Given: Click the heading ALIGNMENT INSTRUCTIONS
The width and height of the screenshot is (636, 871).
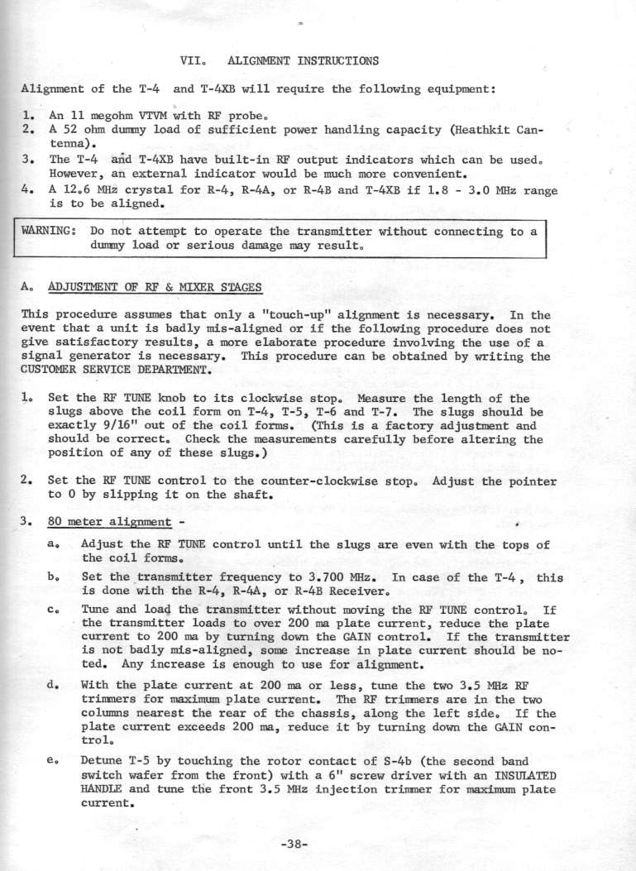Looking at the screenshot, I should point(303,60).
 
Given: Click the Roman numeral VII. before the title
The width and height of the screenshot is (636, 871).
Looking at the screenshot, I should point(191,60).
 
